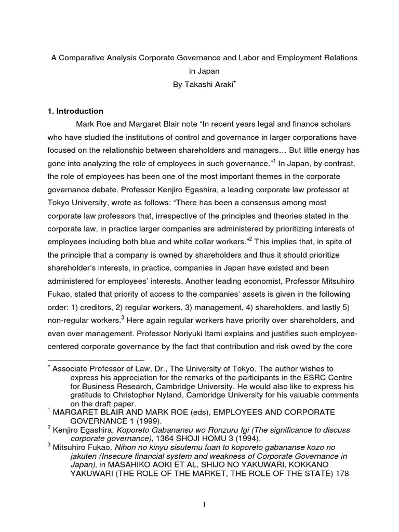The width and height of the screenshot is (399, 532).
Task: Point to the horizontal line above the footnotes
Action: pyautogui.click(x=96, y=360)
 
